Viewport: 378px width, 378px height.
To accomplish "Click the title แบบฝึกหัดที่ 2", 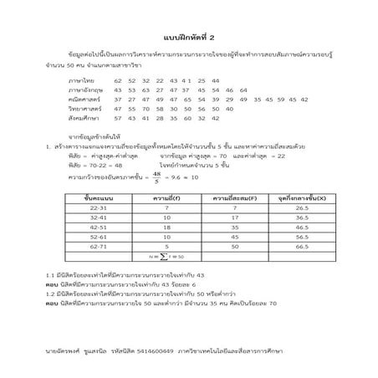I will click(188, 38).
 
